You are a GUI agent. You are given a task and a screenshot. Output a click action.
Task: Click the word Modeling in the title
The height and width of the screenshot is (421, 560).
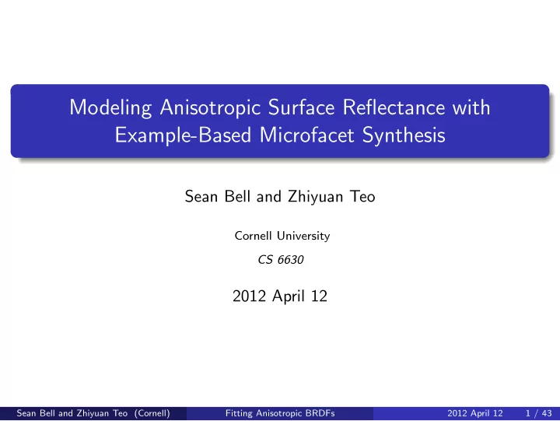[110, 108]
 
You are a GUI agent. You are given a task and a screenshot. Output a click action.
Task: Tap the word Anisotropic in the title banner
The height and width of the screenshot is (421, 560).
[210, 108]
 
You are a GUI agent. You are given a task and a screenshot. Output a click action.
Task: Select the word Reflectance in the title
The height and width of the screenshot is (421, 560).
[394, 107]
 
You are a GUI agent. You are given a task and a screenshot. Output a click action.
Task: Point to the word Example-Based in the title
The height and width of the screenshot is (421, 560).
[183, 135]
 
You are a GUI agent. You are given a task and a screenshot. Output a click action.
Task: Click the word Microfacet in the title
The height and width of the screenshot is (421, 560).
[306, 135]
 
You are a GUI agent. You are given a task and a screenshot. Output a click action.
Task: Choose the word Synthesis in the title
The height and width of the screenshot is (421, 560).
[404, 136]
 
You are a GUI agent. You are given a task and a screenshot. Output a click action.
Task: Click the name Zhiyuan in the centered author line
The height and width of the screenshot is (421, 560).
[315, 197]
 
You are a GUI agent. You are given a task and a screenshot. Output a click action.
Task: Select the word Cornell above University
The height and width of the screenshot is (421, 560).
[254, 236]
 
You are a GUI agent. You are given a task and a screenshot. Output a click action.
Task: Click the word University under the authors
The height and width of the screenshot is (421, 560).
[303, 237]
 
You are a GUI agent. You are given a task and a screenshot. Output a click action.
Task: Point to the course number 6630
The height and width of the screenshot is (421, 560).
[290, 260]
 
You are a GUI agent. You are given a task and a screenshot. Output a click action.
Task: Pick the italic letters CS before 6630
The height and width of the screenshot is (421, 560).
[265, 260]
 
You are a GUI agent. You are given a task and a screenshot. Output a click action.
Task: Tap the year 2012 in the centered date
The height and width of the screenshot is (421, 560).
[250, 296]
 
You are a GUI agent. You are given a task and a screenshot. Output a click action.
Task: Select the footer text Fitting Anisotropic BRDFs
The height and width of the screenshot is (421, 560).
[280, 413]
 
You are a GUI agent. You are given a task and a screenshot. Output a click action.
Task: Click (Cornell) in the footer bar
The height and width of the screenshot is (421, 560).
[152, 413]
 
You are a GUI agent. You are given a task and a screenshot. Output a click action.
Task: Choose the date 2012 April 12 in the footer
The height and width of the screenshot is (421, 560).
[475, 413]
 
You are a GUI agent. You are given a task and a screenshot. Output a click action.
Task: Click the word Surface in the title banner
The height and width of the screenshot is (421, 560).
[302, 107]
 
